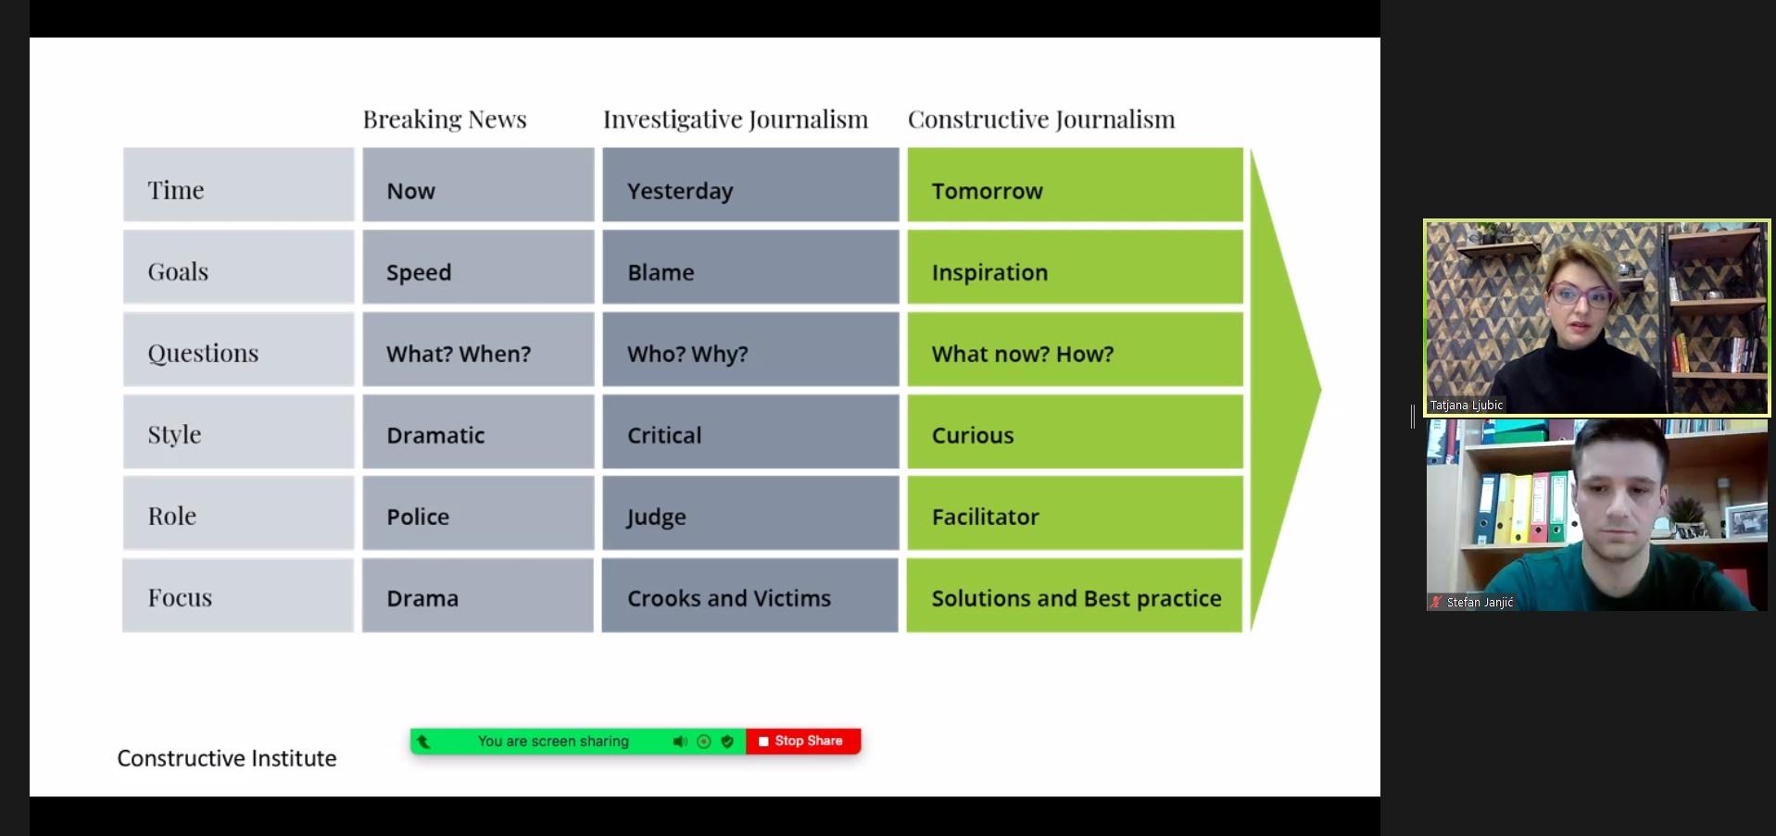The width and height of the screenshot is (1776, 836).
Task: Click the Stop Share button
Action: point(802,741)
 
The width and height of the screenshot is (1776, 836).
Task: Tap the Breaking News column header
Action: point(445,119)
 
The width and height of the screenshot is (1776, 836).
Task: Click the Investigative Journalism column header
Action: point(736,119)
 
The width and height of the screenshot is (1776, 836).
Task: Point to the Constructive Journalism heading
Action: point(1041,119)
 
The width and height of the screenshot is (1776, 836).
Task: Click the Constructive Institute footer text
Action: point(227,758)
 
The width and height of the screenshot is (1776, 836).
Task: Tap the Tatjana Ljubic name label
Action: point(1466,406)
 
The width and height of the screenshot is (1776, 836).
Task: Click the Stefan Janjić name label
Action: point(1480,603)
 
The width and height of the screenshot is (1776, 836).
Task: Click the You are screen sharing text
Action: point(553,741)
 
